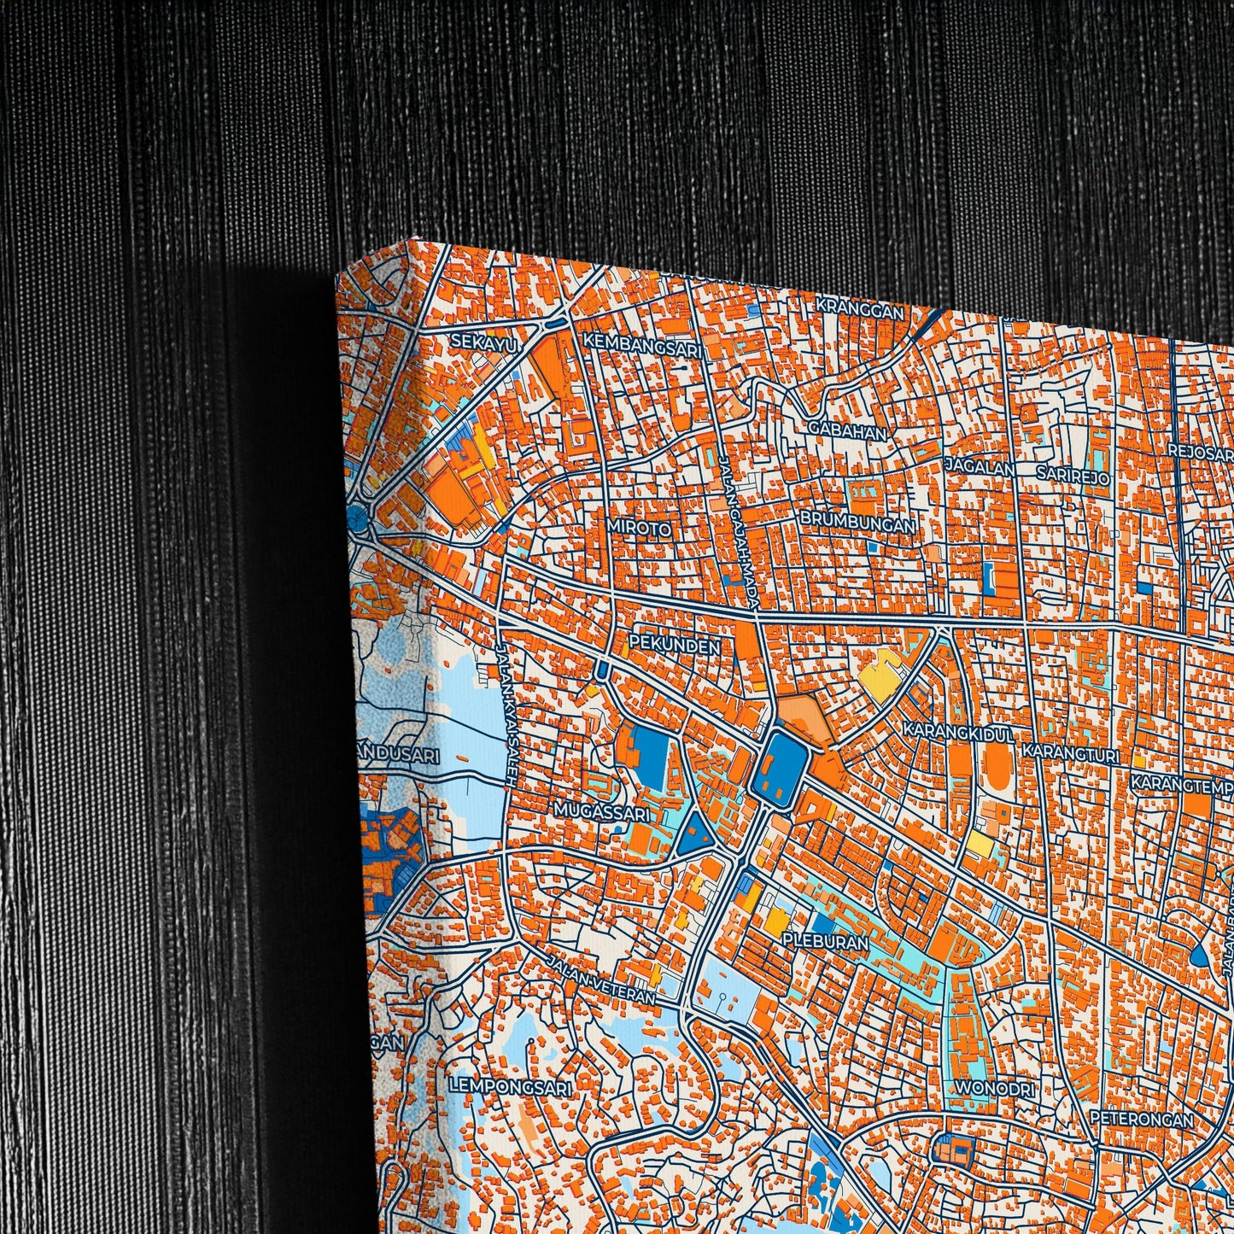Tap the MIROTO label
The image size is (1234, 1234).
point(639,528)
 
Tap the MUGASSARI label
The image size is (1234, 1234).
point(601,809)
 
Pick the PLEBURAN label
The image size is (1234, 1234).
point(824,943)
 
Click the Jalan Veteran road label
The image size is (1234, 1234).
point(602,980)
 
